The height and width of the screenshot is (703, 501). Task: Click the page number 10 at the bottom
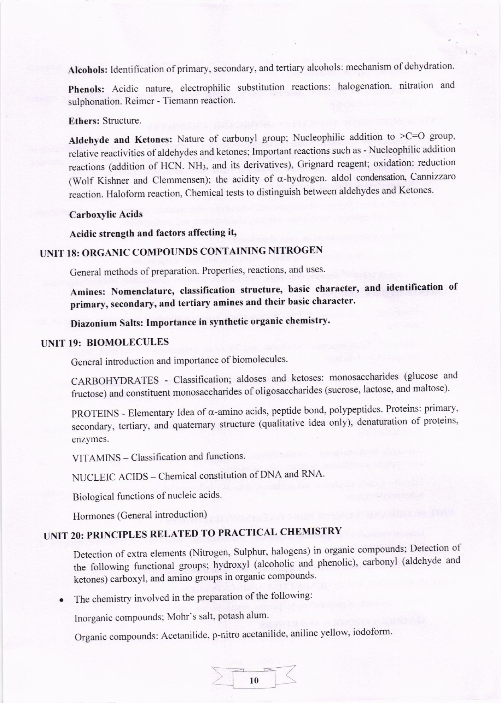pyautogui.click(x=254, y=680)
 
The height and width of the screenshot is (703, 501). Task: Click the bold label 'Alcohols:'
pyautogui.click(x=88, y=70)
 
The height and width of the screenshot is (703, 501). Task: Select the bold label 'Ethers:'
pyautogui.click(x=84, y=121)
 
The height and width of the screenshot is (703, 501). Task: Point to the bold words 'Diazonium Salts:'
pyautogui.click(x=106, y=323)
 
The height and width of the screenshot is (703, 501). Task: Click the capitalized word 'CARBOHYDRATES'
pyautogui.click(x=115, y=380)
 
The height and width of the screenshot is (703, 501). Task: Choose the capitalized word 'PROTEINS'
pyautogui.click(x=95, y=414)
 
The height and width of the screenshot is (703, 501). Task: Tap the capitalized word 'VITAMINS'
pyautogui.click(x=96, y=458)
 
